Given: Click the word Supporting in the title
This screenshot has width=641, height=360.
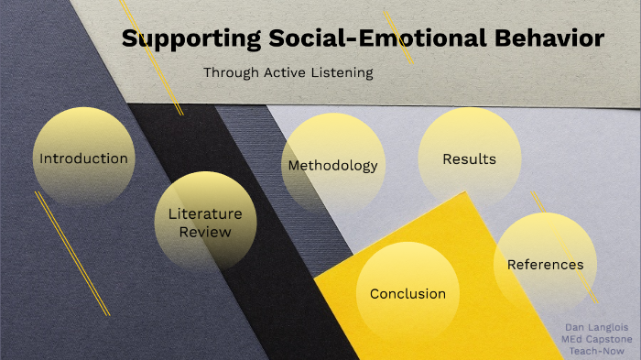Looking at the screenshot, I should [180, 39].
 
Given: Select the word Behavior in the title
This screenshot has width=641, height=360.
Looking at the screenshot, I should [547, 39].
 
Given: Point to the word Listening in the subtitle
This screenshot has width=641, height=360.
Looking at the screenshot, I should [340, 72].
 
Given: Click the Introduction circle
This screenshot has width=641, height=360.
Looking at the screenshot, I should [83, 158].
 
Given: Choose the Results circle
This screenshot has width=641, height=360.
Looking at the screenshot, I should [469, 158].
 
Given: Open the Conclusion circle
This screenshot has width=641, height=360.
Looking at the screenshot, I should [407, 293].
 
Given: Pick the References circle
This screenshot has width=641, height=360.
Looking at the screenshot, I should [545, 264].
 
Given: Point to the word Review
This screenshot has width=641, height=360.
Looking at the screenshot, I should [205, 233].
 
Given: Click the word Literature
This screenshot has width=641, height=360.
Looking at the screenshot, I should [205, 214].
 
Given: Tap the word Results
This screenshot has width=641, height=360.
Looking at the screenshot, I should [469, 159].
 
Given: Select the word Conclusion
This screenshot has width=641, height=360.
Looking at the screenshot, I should [407, 294].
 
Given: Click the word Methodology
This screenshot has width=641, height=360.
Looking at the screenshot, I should [332, 166].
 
